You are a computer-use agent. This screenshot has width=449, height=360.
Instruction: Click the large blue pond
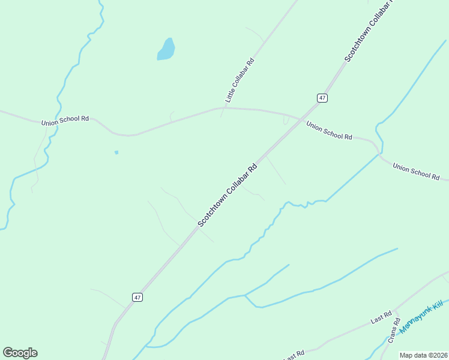(166, 50)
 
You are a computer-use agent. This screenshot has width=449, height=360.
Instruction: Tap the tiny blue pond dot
(116, 152)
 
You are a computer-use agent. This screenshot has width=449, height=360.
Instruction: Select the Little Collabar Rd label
(240, 80)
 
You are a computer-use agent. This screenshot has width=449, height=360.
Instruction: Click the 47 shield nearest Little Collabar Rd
(322, 98)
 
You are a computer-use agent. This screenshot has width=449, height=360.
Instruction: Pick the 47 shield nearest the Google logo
(137, 297)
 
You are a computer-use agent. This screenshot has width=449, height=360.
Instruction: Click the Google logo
(20, 352)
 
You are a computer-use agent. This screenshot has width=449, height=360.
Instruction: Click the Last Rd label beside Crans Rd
(381, 317)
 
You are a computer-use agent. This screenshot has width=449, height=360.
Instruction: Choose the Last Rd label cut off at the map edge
(294, 355)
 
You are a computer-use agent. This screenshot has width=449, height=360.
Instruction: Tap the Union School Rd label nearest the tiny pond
(65, 121)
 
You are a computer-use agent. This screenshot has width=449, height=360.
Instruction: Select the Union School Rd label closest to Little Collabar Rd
(329, 131)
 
